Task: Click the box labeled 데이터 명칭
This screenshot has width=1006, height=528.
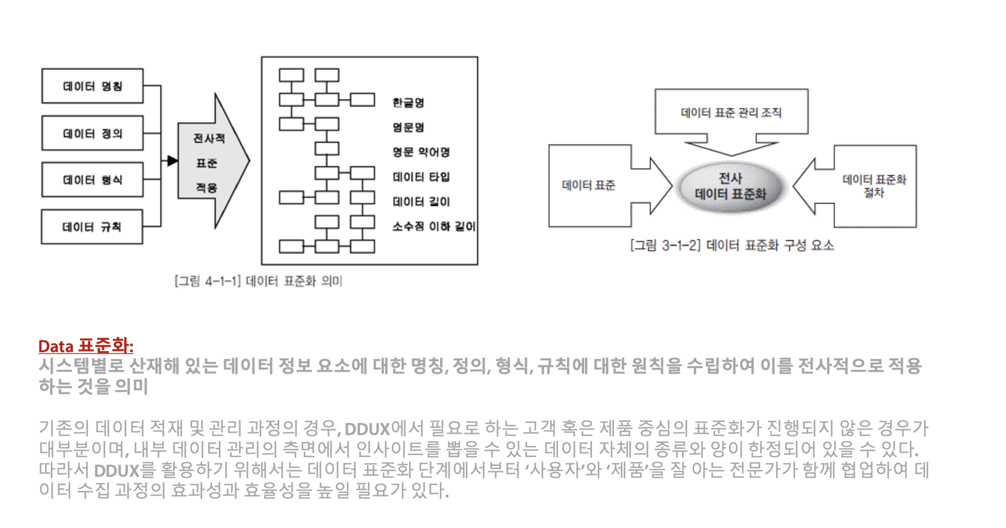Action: tap(92, 86)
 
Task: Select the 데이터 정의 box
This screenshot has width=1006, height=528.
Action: tap(92, 133)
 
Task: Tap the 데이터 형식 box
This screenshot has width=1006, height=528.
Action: tap(92, 180)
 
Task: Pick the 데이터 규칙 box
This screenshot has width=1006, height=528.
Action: tap(92, 227)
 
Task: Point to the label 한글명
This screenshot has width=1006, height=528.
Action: tap(408, 102)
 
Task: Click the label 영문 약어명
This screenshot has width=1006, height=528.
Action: tap(421, 152)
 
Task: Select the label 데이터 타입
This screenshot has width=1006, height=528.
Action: tap(421, 177)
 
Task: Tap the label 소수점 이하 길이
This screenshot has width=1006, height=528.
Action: tap(433, 226)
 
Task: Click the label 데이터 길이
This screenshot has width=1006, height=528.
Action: tap(421, 202)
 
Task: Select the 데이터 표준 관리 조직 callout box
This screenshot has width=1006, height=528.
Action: tap(731, 112)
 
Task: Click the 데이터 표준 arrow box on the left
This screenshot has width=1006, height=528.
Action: tap(589, 185)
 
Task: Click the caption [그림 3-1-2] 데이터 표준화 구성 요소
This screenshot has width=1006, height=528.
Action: tap(732, 246)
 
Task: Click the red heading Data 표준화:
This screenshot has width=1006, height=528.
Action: tap(86, 346)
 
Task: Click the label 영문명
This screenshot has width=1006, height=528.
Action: tap(408, 127)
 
